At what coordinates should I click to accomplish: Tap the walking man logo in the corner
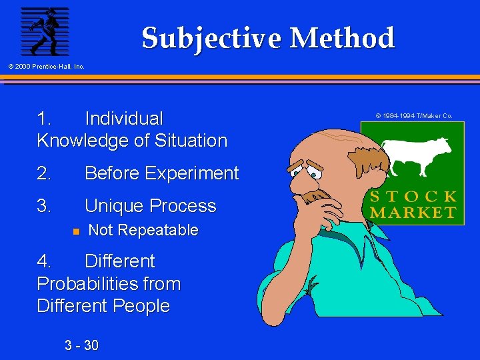pyautogui.click(x=45, y=31)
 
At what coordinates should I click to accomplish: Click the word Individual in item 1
pyautogui.click(x=123, y=119)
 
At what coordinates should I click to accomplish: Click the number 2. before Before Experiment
pyautogui.click(x=44, y=173)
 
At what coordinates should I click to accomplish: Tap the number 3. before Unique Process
pyautogui.click(x=44, y=206)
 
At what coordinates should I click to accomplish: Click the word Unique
pyautogui.click(x=113, y=206)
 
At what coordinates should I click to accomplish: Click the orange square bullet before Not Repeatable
pyautogui.click(x=76, y=231)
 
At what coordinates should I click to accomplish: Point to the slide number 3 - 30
pyautogui.click(x=81, y=345)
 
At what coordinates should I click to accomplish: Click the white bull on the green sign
pyautogui.click(x=417, y=155)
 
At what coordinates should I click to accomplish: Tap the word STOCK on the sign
pyautogui.click(x=413, y=197)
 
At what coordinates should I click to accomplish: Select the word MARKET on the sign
pyautogui.click(x=413, y=213)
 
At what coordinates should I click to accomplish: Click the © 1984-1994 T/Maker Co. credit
pyautogui.click(x=413, y=116)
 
